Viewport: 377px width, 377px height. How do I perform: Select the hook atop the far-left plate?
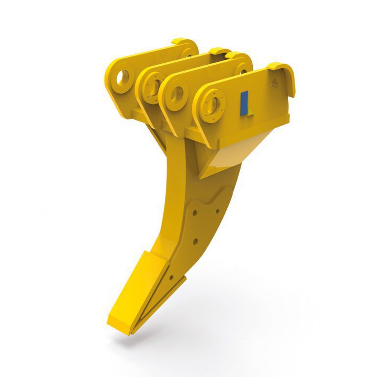point(184,43)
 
